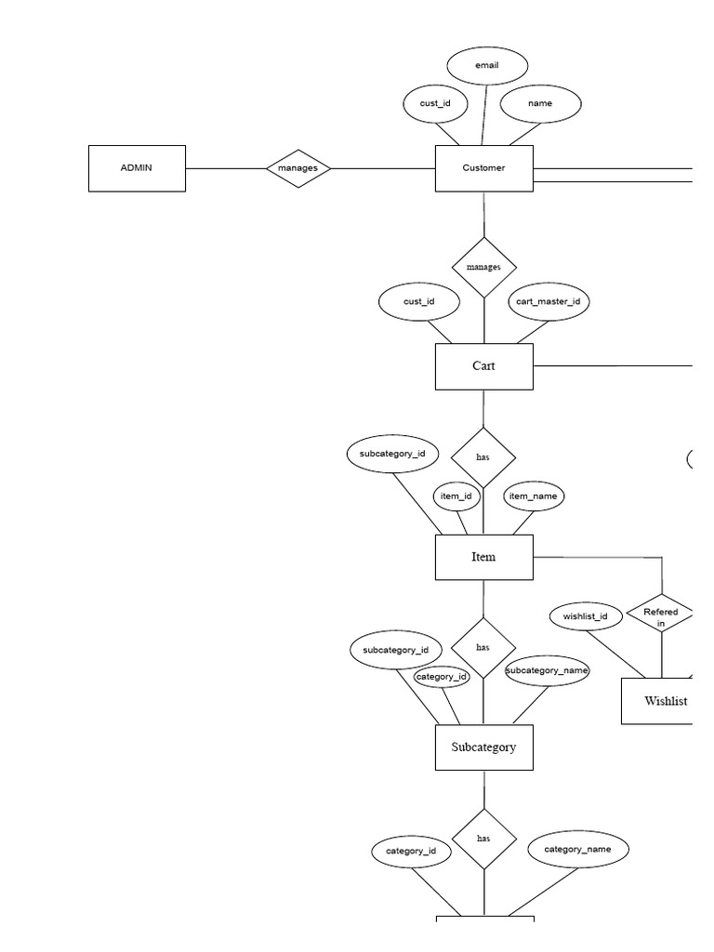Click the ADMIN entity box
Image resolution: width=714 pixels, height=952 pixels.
137,168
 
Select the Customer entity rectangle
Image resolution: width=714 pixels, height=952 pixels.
483,168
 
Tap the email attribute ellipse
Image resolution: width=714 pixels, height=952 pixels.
487,66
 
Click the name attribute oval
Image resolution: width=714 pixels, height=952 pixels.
540,103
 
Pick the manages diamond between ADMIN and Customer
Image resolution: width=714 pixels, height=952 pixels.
297,168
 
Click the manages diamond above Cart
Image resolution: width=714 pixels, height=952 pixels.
483,267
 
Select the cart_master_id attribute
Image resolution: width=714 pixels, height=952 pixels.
549,301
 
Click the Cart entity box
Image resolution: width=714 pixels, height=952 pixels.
483,366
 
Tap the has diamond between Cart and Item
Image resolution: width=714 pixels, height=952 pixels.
483,457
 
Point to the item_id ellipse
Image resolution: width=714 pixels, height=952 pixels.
456,496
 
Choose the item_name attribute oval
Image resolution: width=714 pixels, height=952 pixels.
533,496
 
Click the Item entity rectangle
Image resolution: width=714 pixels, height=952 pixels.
483,557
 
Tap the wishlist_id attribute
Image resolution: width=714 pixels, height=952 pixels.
586,616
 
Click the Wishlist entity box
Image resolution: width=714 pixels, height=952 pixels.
658,701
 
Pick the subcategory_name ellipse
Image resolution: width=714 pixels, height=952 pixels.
547,670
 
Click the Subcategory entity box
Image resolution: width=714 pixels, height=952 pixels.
483,747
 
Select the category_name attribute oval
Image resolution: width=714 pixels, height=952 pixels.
577,849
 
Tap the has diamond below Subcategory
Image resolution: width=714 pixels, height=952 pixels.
483,839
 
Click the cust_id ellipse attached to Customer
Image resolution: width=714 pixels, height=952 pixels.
435,103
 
